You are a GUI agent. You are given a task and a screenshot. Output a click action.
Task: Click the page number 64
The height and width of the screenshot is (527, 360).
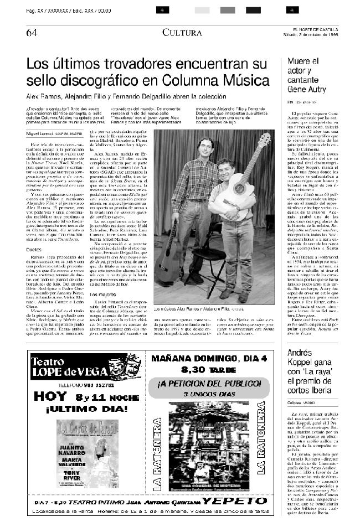tap(31, 32)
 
